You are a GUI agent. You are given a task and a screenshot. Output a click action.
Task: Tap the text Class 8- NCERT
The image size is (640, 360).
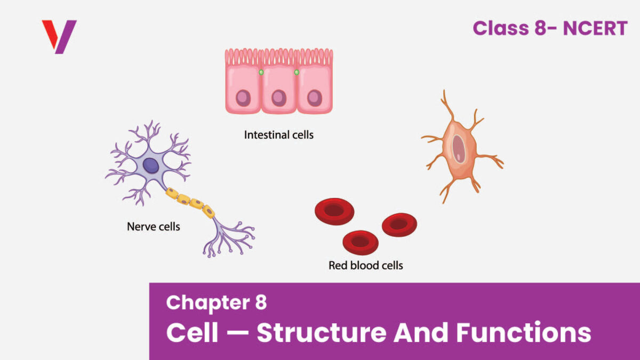(550, 28)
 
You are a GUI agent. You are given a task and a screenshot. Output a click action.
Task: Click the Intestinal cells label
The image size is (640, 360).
(278, 135)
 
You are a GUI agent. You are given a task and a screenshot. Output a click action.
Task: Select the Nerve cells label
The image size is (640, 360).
(154, 227)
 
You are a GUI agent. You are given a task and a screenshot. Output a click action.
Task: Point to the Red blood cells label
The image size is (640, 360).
(365, 265)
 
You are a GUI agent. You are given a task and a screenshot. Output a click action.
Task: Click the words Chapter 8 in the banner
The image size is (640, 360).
(216, 302)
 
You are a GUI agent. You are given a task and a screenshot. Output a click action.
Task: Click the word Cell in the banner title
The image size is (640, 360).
(192, 333)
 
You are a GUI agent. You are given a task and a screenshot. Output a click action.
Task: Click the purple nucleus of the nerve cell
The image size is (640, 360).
(151, 165)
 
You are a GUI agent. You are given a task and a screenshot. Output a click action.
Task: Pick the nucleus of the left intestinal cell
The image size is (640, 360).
(243, 98)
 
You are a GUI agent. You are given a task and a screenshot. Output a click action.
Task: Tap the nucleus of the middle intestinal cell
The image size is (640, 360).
(278, 98)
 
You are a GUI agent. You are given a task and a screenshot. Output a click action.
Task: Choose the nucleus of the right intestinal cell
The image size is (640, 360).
(314, 98)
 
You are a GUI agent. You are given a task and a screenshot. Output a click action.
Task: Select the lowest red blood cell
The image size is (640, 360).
(360, 242)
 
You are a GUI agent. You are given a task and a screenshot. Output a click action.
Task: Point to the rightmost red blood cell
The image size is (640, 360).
(399, 225)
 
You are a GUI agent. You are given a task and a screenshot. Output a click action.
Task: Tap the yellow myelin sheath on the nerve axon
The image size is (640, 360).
(190, 202)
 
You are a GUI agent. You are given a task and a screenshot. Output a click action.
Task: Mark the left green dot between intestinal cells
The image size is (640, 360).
(261, 72)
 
